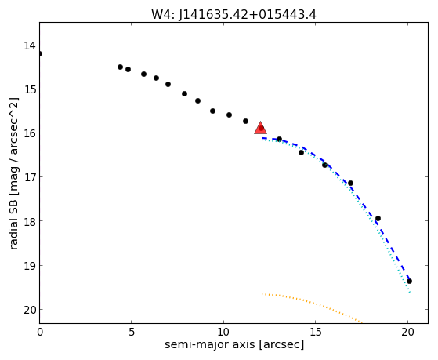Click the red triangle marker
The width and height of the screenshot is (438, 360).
[x=260, y=129]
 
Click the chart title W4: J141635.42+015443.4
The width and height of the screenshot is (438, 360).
[x=233, y=14]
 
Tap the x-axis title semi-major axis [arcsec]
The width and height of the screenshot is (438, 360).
[x=234, y=344]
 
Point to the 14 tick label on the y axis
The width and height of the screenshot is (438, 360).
[x=29, y=45]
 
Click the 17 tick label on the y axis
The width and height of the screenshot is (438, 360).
[x=29, y=177]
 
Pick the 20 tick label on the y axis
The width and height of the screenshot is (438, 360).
[x=29, y=310]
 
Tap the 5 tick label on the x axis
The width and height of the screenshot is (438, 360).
[x=132, y=332]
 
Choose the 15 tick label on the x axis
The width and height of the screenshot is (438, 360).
[x=316, y=332]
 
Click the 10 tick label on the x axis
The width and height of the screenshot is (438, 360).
[x=224, y=332]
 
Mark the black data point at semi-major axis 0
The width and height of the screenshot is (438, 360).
[x=40, y=53]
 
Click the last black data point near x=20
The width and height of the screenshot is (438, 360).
[x=409, y=281]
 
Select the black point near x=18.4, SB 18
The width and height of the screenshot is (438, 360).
[x=378, y=218]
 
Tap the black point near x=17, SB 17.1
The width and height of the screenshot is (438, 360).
[x=350, y=183]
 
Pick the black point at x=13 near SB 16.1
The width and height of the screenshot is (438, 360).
[x=279, y=139]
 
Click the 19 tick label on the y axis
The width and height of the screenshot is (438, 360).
[x=29, y=266]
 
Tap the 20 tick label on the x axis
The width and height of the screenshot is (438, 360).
[x=407, y=332]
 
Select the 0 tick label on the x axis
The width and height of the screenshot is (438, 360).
[x=40, y=332]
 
